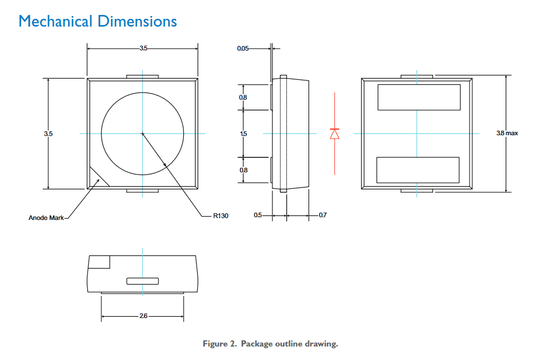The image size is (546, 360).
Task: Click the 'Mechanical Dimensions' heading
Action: [97, 22]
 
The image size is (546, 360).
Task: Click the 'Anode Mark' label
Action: [46, 218]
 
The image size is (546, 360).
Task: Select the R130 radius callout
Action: [220, 215]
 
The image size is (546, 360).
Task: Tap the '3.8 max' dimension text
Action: [507, 133]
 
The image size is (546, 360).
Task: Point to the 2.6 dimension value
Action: [143, 316]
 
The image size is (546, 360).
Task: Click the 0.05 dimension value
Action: [243, 49]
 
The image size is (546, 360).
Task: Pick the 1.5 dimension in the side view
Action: [244, 133]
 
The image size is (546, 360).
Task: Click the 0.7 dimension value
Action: [323, 215]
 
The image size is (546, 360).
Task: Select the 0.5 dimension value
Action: [257, 215]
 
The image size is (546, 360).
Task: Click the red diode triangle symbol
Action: [334, 134]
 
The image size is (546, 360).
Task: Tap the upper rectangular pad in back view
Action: [419, 97]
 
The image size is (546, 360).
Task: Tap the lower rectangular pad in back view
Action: [418, 170]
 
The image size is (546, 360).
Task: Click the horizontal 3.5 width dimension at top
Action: [143, 49]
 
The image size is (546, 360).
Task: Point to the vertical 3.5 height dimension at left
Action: [48, 133]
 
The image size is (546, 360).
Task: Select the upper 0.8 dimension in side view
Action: [244, 97]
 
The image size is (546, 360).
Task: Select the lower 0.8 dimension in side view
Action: [244, 170]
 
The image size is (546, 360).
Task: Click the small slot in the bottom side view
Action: [142, 281]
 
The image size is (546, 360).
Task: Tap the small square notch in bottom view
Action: [100, 262]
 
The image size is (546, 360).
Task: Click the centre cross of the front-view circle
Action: [142, 133]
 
